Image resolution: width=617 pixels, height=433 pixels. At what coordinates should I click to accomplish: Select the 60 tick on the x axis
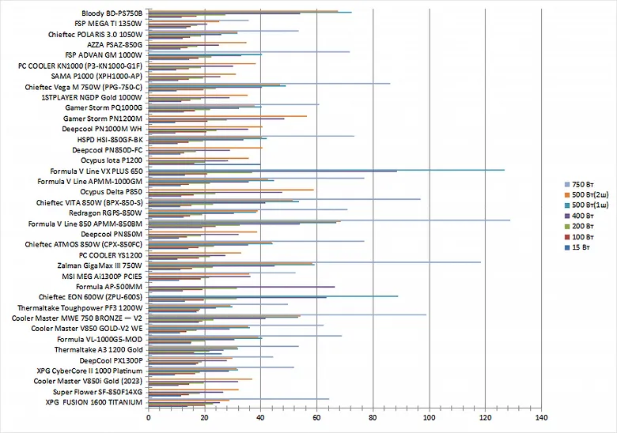[317, 416]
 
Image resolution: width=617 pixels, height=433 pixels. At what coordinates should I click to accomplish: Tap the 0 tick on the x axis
[149, 416]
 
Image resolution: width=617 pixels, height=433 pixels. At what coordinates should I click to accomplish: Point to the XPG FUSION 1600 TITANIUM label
[93, 402]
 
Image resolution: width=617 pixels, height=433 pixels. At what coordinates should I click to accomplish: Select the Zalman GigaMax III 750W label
[99, 265]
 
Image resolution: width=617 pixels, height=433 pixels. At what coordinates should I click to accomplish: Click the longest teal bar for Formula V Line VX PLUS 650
[326, 169]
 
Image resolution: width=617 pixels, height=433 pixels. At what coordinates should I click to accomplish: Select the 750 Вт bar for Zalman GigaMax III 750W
[314, 262]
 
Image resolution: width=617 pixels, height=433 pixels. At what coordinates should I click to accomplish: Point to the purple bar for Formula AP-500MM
[241, 287]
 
